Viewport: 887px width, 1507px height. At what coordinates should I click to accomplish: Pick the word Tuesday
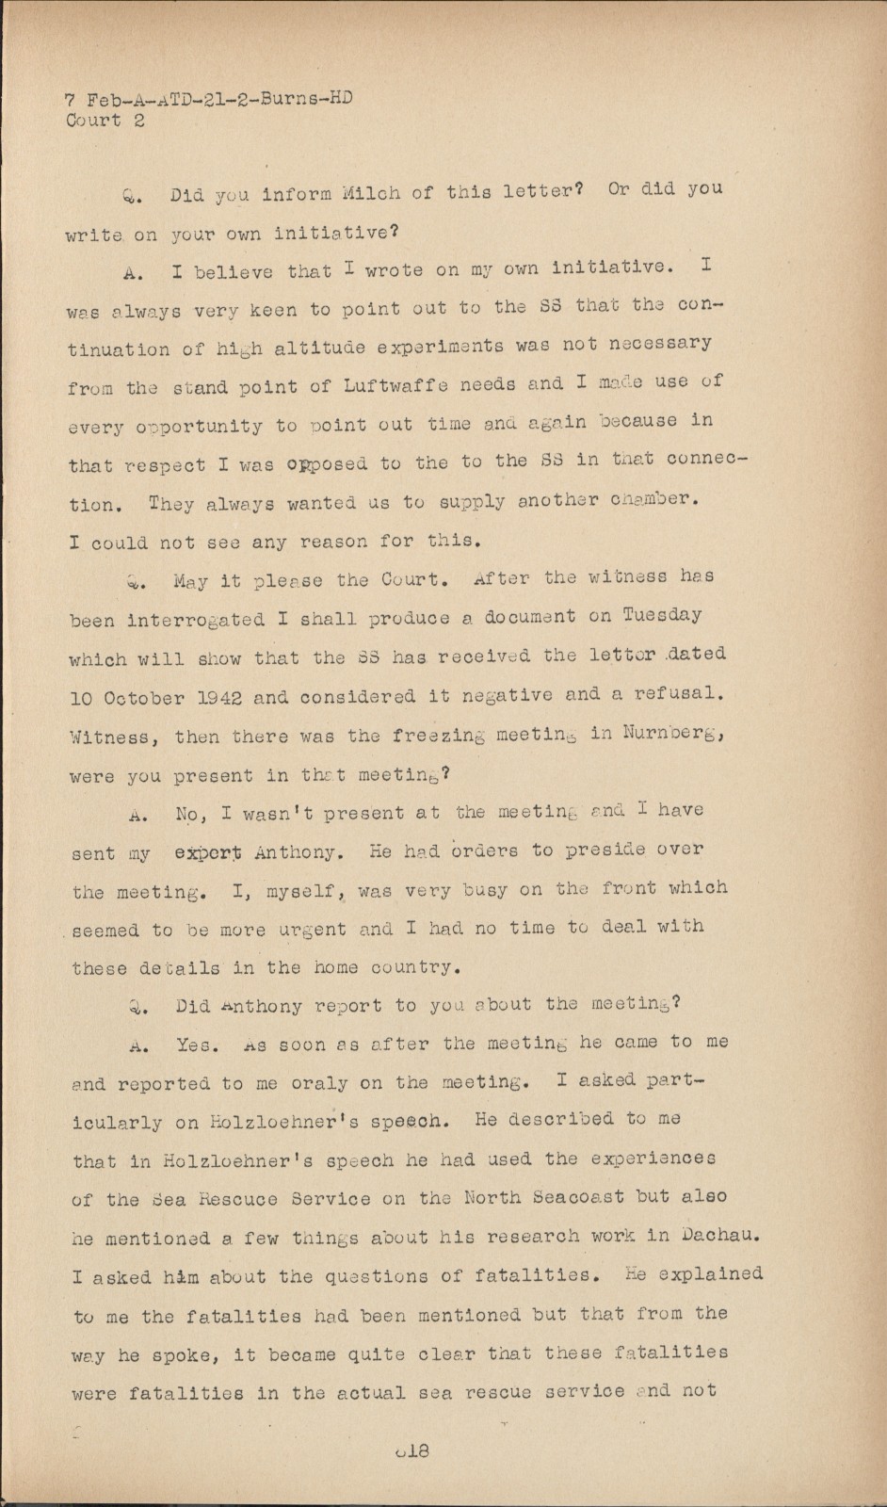pos(662,615)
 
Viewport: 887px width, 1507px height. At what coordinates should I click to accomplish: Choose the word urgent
pos(312,930)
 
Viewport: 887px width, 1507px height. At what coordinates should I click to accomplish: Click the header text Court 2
pos(105,121)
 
